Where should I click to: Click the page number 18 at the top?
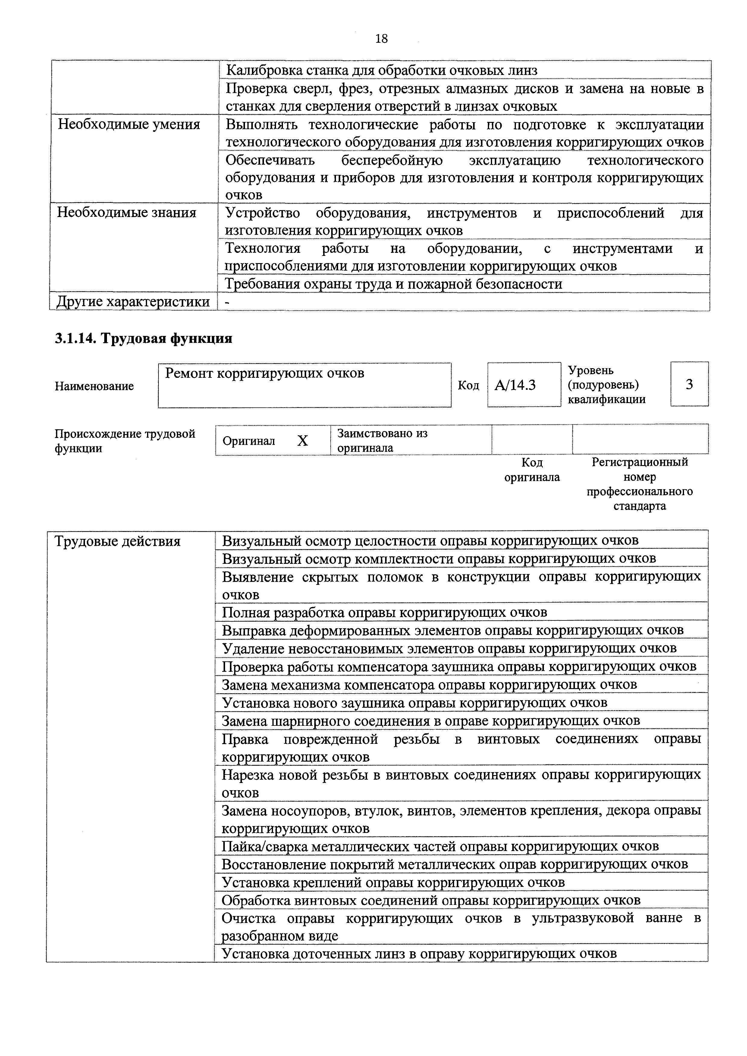click(381, 39)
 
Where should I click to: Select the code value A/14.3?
click(515, 384)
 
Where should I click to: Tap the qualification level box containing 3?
click(689, 384)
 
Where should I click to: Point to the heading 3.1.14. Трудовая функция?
click(144, 339)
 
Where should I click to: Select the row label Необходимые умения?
click(129, 125)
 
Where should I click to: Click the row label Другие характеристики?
click(133, 302)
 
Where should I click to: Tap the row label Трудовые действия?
click(118, 541)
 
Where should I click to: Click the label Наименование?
click(94, 386)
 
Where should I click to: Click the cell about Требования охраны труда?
click(394, 284)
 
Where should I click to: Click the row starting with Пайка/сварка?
click(440, 846)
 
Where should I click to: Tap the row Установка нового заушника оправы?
click(414, 703)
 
